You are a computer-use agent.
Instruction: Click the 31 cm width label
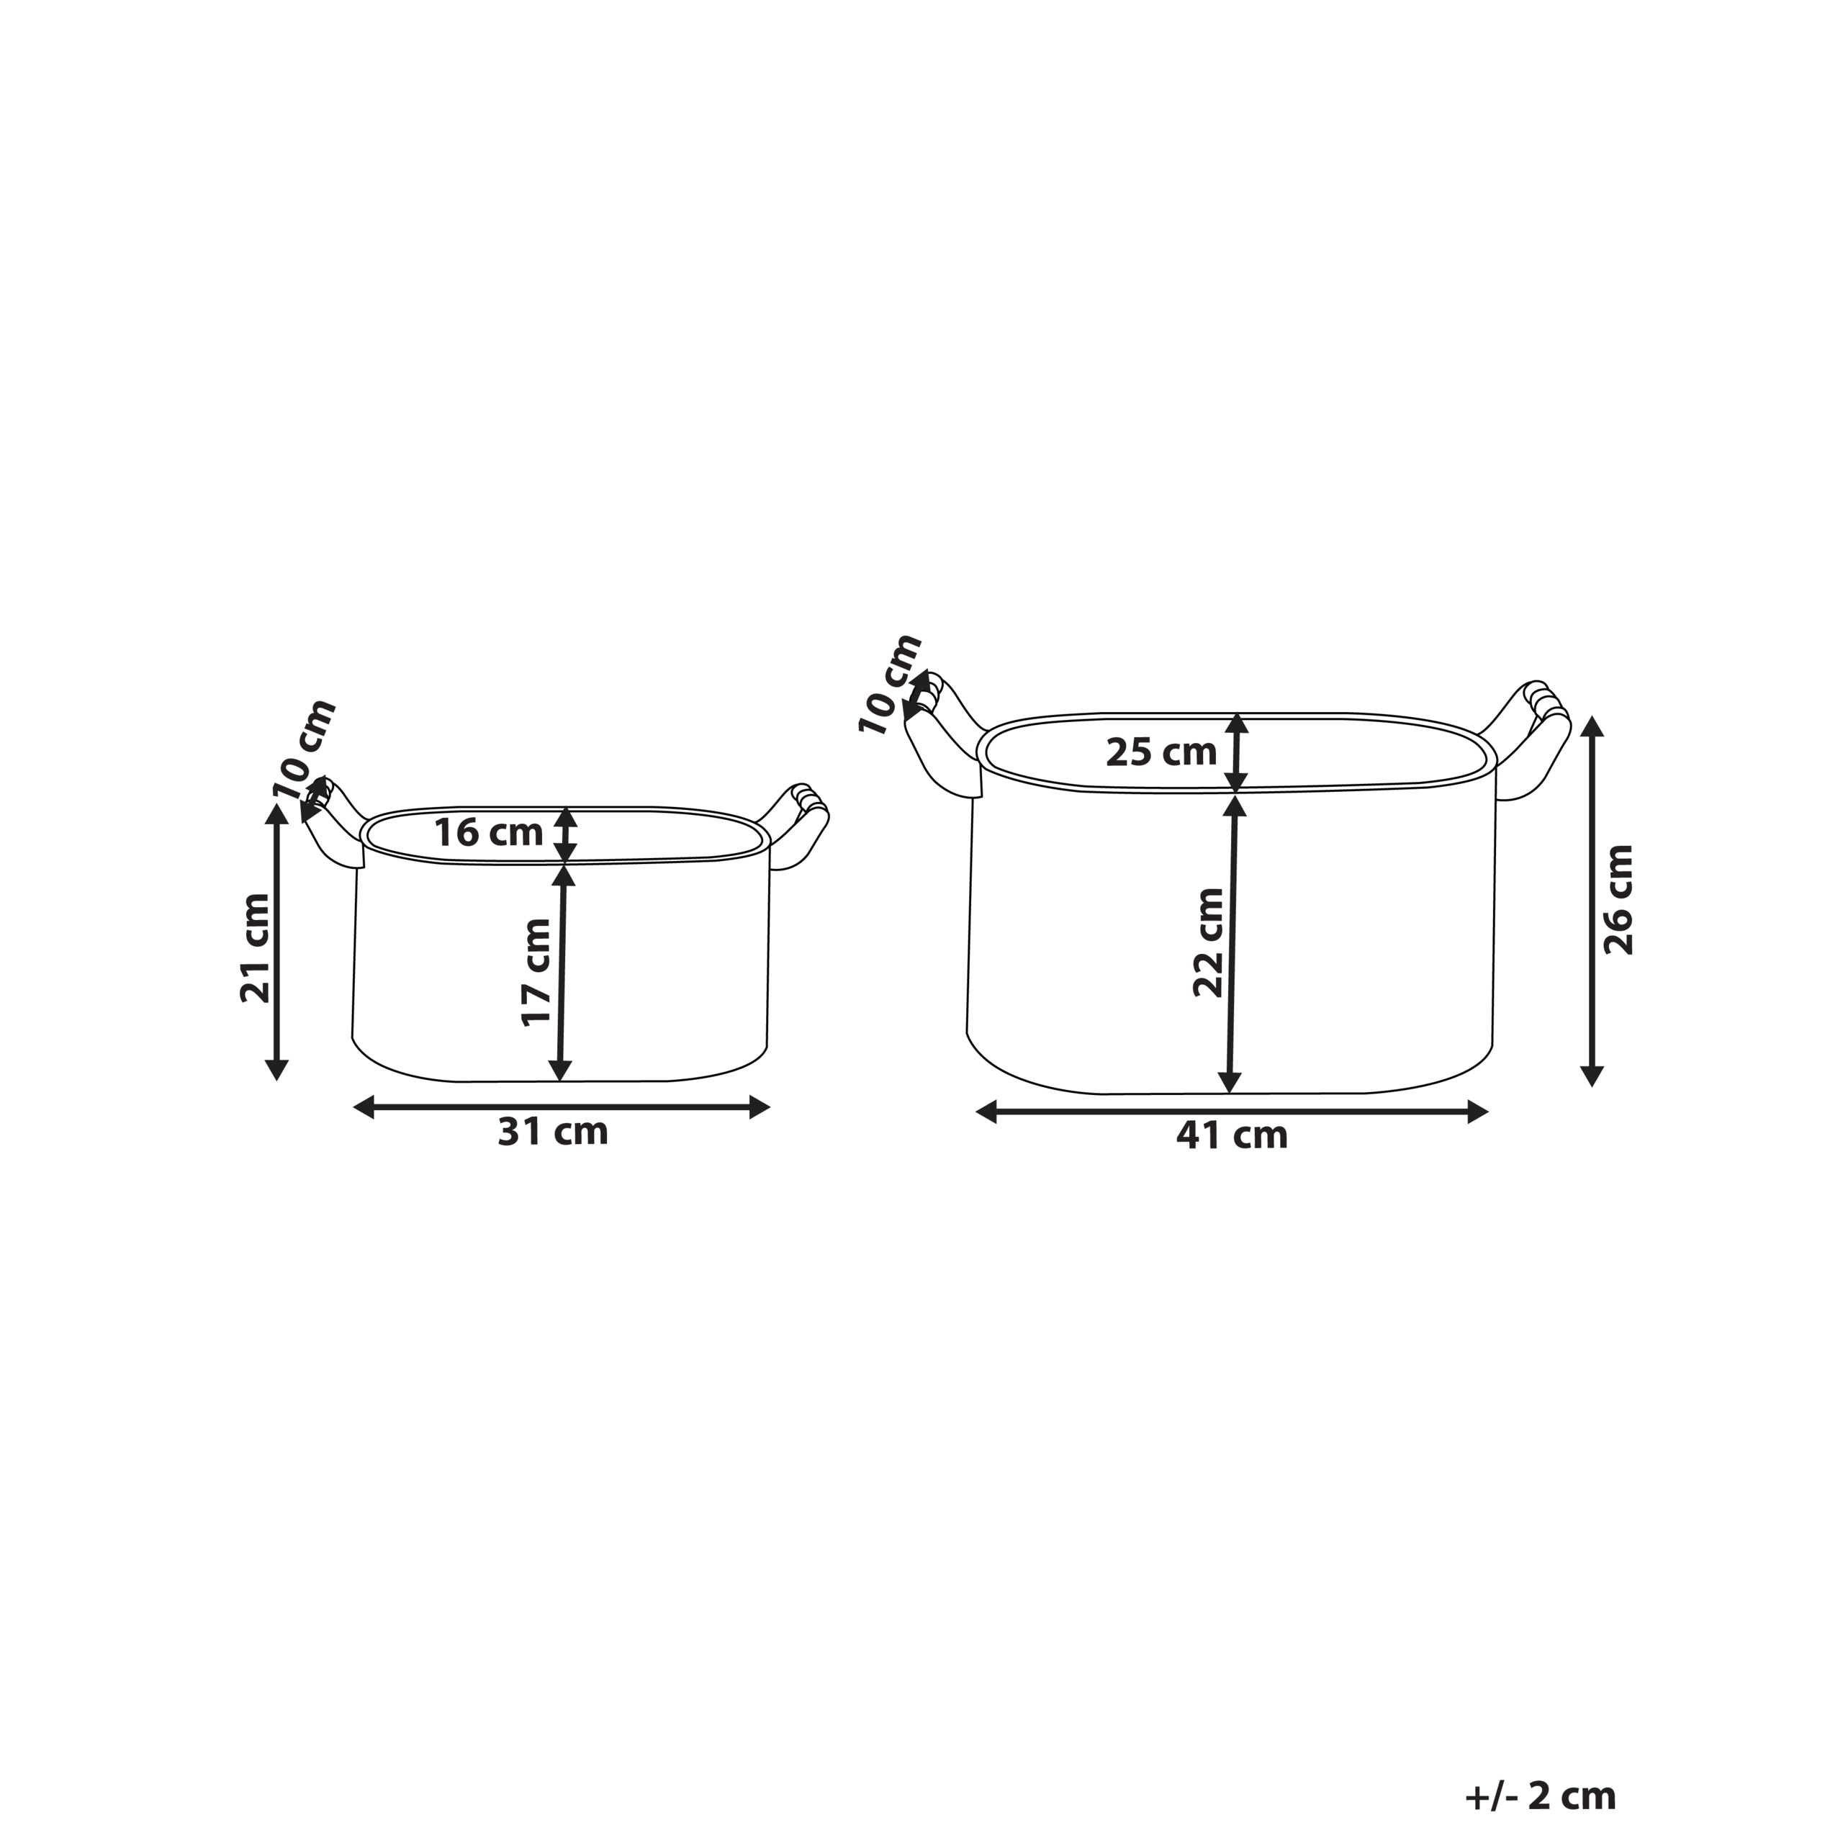pos(552,1132)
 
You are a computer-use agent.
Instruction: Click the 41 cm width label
pos(1232,1136)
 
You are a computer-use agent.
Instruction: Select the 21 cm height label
pos(255,947)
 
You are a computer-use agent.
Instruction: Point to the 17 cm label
pos(537,972)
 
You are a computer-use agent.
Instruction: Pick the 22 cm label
pos(1209,942)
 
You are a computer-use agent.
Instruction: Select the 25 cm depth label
pos(1161,752)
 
